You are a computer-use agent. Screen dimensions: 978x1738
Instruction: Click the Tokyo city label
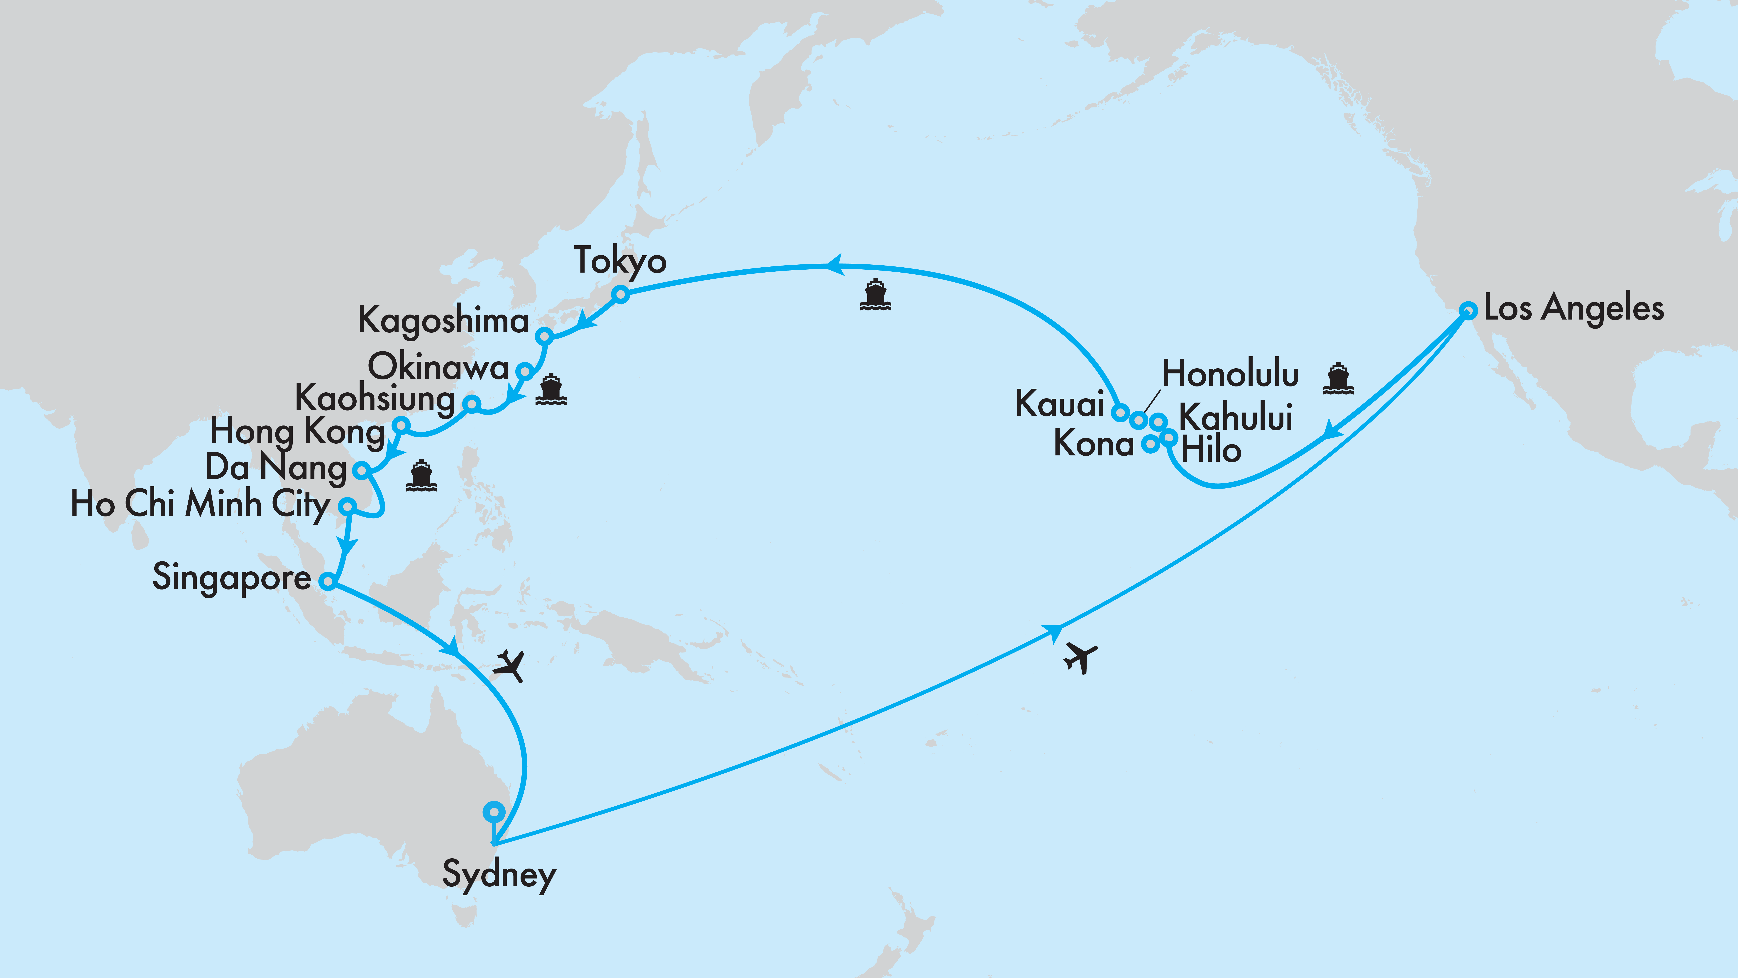[x=620, y=261]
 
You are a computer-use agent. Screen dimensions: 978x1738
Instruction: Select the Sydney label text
[x=499, y=875]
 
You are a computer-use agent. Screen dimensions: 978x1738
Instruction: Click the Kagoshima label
[x=443, y=320]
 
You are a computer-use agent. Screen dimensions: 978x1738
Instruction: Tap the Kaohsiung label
[x=375, y=398]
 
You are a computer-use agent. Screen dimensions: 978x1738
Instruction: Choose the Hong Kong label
[x=298, y=432]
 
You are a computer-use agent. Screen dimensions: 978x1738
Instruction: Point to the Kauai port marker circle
[x=1120, y=412]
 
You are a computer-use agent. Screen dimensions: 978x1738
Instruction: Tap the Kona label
[x=1094, y=444]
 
